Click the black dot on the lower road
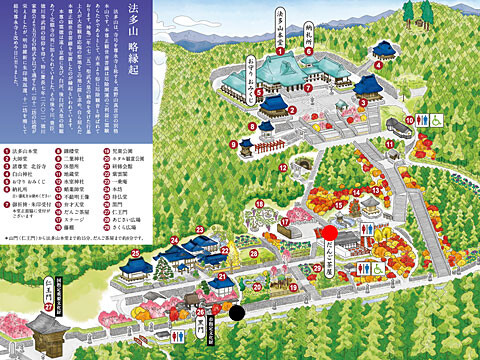[x=238, y=311]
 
